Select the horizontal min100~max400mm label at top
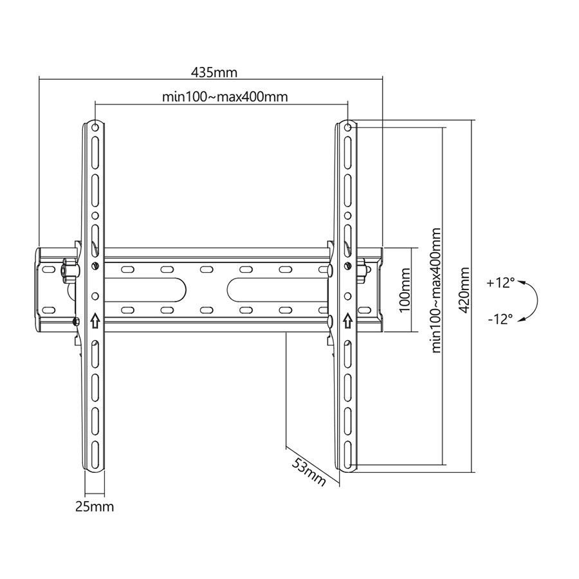pos(224,97)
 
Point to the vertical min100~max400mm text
pos(437,290)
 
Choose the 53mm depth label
pos(309,472)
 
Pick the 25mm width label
pos(95,506)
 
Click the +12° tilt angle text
pos(501,282)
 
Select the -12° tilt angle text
pos(501,318)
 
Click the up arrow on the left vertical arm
pos(95,318)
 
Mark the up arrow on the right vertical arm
pos(348,318)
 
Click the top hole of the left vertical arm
pos(95,127)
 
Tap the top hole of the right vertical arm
pos(348,127)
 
